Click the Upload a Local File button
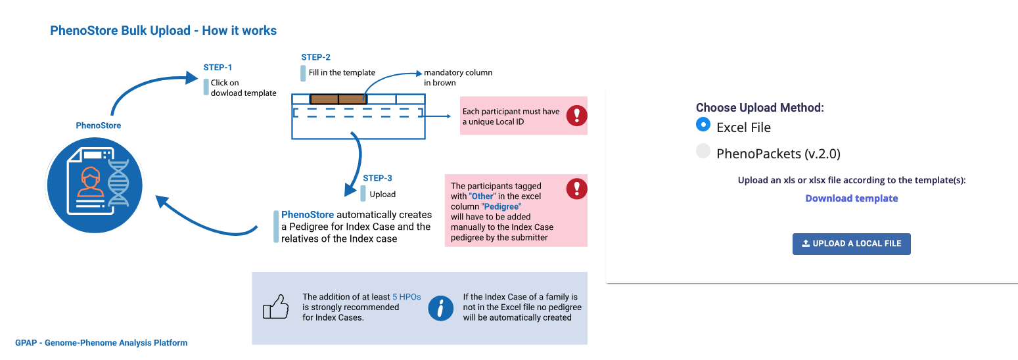point(851,244)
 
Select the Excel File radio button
point(703,124)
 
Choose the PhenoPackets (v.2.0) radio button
point(703,152)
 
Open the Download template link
point(851,198)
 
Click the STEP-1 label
point(218,67)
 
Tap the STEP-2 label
point(315,57)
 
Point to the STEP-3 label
point(377,178)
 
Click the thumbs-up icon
point(275,307)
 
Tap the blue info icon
point(440,307)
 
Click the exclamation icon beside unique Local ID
point(576,116)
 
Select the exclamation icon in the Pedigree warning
point(576,189)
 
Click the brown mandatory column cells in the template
point(338,99)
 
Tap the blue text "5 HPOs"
point(405,297)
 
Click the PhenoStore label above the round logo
point(99,125)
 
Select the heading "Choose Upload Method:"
point(760,108)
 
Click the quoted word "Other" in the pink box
point(482,196)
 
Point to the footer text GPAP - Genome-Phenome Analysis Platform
point(101,343)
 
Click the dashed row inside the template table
point(357,113)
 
